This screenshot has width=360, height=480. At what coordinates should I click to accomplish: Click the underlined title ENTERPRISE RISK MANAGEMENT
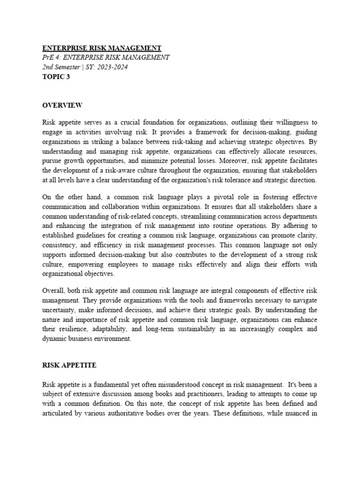pyautogui.click(x=102, y=48)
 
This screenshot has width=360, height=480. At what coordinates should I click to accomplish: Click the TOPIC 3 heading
pyautogui.click(x=56, y=77)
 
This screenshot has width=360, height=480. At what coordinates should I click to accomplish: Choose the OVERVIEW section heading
pyautogui.click(x=62, y=105)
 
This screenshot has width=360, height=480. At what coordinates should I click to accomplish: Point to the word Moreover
pyautogui.click(x=220, y=161)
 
